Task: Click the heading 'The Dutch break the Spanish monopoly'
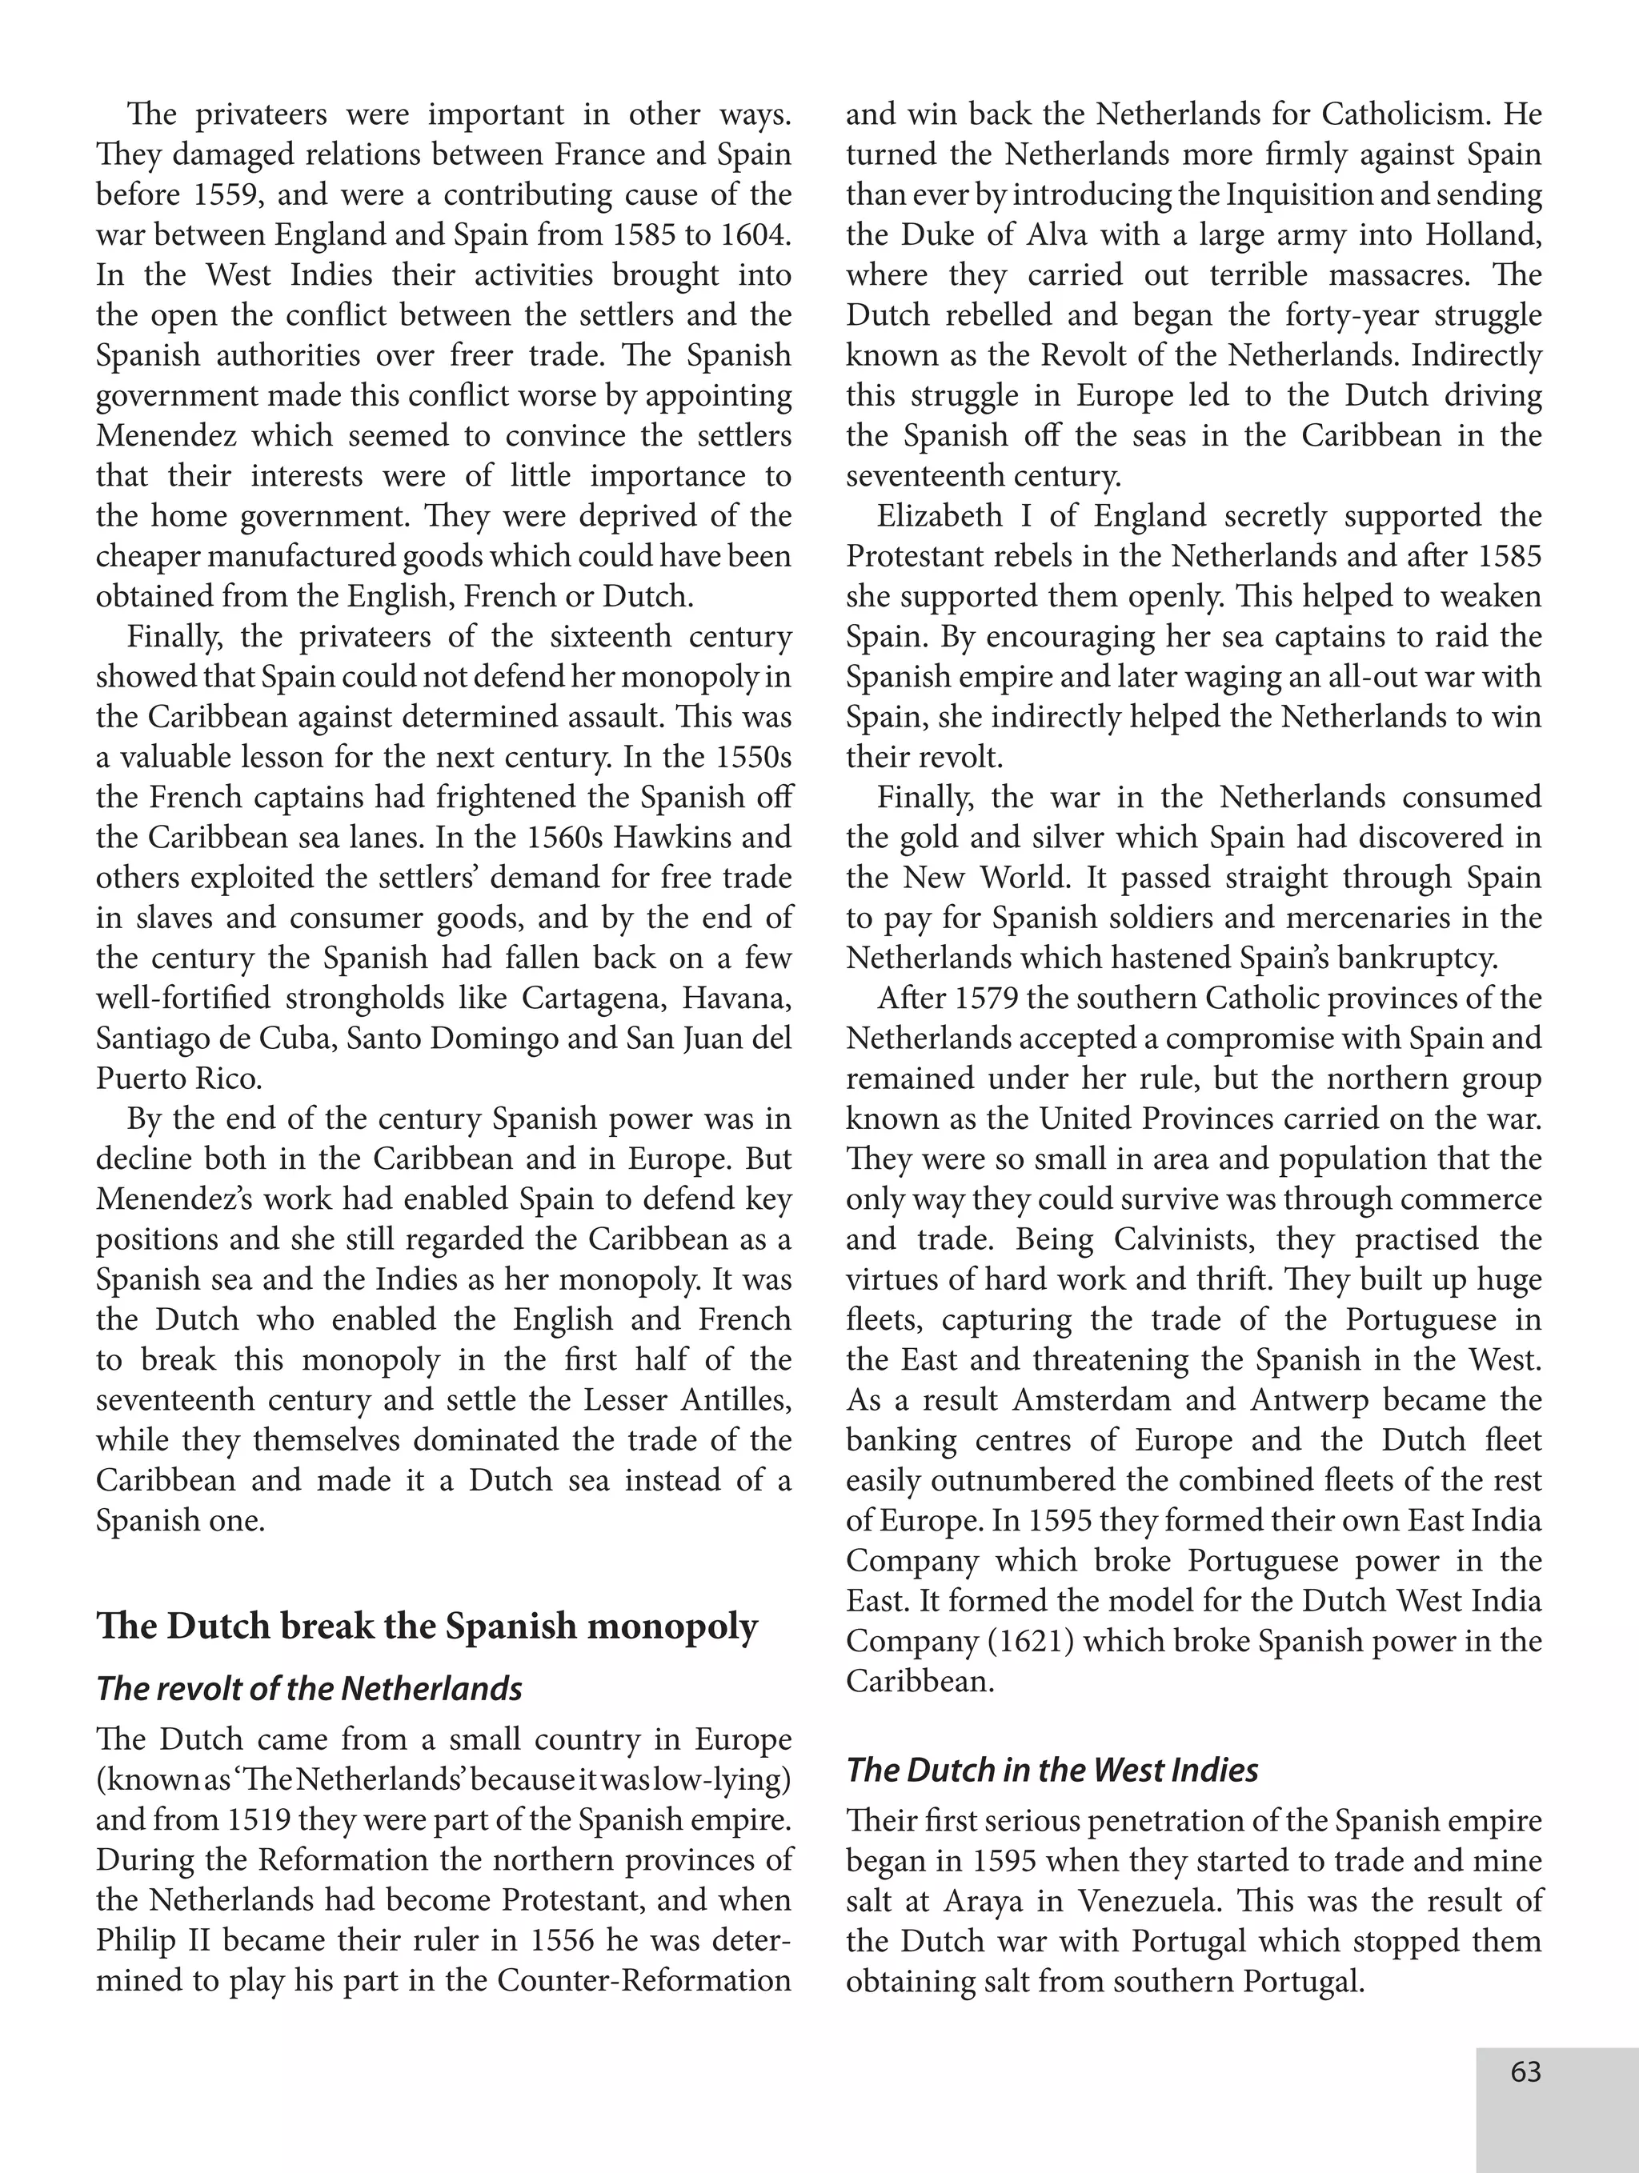pyautogui.click(x=427, y=1627)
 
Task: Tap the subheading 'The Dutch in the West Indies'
pyautogui.click(x=1052, y=1769)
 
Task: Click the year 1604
pyautogui.click(x=755, y=234)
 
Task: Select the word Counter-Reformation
pyautogui.click(x=643, y=1980)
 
